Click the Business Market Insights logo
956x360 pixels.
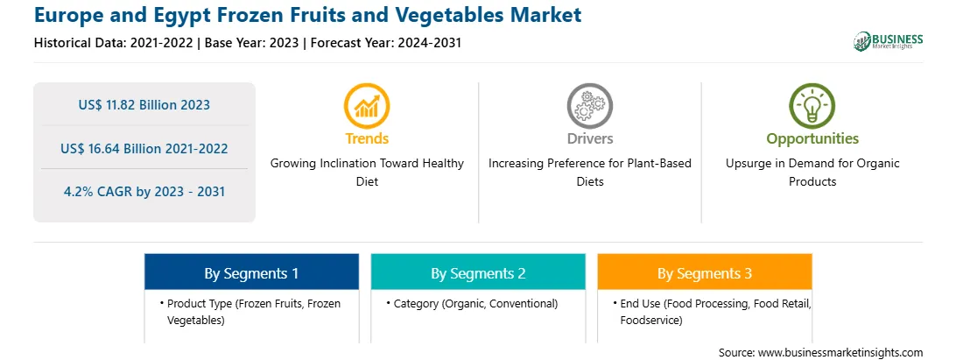click(x=889, y=41)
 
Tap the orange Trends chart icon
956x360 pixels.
click(x=367, y=106)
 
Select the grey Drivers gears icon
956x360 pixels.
click(x=589, y=106)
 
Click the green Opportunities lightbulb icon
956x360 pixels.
click(x=812, y=106)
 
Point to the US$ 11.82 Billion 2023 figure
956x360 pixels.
click(x=144, y=105)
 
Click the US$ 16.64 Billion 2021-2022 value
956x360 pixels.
click(x=144, y=148)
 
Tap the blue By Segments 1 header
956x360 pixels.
click(x=252, y=272)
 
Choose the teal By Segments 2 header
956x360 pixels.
click(x=478, y=272)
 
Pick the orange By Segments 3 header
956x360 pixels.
click(x=705, y=272)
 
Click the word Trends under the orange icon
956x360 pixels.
click(x=367, y=138)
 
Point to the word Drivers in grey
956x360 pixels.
click(x=589, y=138)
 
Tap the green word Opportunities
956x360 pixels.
click(x=812, y=138)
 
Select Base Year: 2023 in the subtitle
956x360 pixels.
click(x=252, y=43)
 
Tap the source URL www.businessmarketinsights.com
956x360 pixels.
click(x=840, y=352)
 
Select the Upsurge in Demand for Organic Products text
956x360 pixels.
click(x=812, y=172)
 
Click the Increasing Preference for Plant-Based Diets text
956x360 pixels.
click(x=589, y=172)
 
